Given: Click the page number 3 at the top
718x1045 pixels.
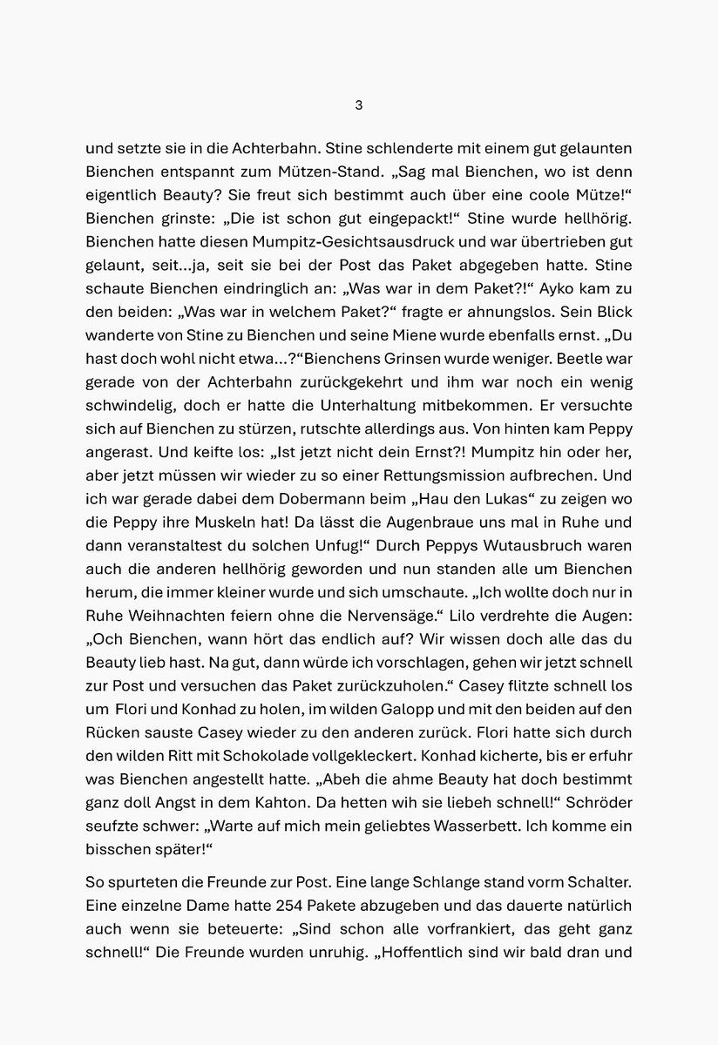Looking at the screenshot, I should (358, 105).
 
